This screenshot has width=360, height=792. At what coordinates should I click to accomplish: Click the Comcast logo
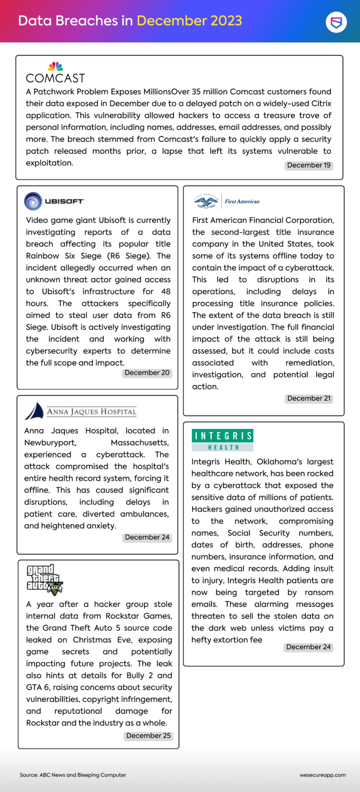click(x=55, y=73)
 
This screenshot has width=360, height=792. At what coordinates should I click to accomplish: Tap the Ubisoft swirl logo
click(x=34, y=201)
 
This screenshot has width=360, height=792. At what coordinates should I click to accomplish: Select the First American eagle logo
click(x=206, y=201)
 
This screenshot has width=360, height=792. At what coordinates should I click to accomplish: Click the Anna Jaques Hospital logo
click(x=80, y=411)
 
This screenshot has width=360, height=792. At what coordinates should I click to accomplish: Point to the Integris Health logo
click(x=222, y=440)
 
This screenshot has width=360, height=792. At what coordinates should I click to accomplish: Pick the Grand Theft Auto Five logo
click(x=44, y=579)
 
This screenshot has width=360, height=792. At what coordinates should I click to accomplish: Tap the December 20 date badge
click(x=146, y=373)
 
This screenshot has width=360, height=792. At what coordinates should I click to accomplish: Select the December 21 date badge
click(x=309, y=399)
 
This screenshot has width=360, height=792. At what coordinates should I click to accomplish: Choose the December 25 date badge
click(x=149, y=736)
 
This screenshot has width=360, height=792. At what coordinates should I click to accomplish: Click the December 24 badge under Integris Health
click(x=308, y=647)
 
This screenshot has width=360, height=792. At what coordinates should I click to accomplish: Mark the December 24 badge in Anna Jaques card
click(x=147, y=537)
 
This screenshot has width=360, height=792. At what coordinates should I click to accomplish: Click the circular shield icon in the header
click(x=336, y=22)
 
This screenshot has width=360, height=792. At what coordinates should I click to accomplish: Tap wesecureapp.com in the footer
click(x=322, y=775)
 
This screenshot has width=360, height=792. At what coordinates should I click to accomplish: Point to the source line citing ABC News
click(x=73, y=775)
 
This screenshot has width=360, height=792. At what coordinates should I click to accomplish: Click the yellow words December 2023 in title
click(x=189, y=21)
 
